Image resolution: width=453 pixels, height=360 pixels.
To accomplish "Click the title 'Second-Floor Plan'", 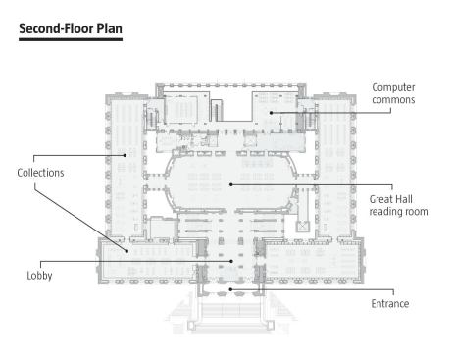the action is click(x=71, y=28).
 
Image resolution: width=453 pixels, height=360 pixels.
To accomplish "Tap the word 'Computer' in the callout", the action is click(x=393, y=87).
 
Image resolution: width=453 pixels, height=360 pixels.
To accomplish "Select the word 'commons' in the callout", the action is click(x=393, y=99).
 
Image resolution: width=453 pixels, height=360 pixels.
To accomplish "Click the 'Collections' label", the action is click(x=40, y=173).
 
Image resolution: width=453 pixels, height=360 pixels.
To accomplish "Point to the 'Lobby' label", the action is click(x=39, y=276).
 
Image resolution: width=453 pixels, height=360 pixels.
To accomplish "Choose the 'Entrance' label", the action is click(x=390, y=303).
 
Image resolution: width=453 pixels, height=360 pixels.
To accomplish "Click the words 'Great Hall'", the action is click(x=390, y=199).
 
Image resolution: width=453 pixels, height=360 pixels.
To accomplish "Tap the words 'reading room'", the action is click(x=398, y=212).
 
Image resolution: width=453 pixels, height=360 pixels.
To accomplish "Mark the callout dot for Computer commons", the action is click(x=271, y=113).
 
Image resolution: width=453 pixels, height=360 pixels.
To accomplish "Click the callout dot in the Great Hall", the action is click(x=230, y=184).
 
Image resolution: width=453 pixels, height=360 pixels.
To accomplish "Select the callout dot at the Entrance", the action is click(x=230, y=289).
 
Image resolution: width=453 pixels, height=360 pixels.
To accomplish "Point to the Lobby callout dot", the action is click(x=231, y=261).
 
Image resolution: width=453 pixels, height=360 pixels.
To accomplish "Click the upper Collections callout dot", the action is click(x=126, y=155).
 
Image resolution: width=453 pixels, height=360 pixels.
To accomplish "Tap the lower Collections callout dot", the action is click(x=126, y=251).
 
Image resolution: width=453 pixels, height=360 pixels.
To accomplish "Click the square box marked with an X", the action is click(x=303, y=227).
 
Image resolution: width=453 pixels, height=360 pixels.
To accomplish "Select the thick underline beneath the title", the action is click(x=71, y=39).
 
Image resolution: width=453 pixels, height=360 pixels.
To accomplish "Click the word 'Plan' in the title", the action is click(x=109, y=28).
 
